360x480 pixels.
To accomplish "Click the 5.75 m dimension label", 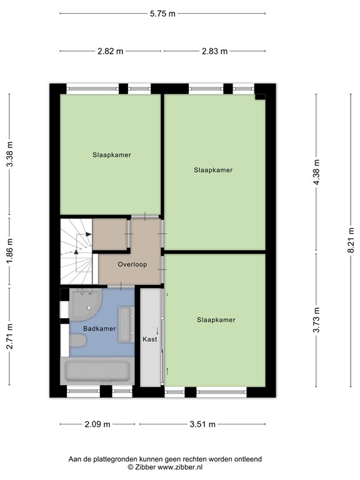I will pyautogui.click(x=162, y=14).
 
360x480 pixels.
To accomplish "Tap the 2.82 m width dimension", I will pyautogui.click(x=110, y=51).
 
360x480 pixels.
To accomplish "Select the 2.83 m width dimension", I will pyautogui.click(x=214, y=51).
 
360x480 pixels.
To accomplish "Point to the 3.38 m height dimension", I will pyautogui.click(x=9, y=154).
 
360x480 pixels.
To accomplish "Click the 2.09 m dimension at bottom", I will pyautogui.click(x=97, y=424).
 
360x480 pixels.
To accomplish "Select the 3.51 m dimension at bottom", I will pyautogui.click(x=202, y=424).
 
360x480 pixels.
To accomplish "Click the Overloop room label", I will pyautogui.click(x=132, y=264).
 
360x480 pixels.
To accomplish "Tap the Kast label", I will pyautogui.click(x=149, y=339).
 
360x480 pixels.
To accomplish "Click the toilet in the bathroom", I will pyautogui.click(x=78, y=341).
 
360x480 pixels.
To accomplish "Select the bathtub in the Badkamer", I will pyautogui.click(x=97, y=372).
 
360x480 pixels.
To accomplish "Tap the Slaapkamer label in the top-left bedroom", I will pyautogui.click(x=112, y=155).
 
